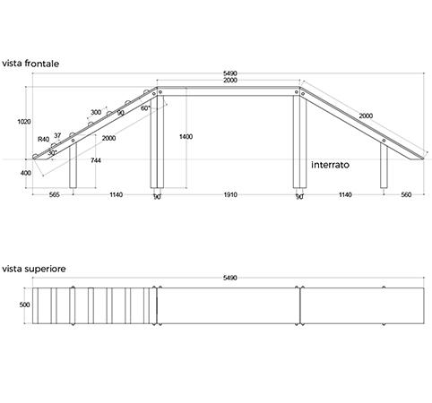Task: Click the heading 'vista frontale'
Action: pos(30,64)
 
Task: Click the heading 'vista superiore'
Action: pos(34,269)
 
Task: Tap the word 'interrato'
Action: pos(330,165)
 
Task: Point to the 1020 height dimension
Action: pos(24,122)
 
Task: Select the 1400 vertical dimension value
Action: pos(186,137)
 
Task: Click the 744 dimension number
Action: pos(96,160)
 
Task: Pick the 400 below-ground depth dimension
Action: pos(26,173)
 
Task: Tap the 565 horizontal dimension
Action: pos(54,195)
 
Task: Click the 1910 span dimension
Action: pos(230,195)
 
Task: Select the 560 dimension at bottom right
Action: pos(406,195)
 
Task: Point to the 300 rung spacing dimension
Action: pos(96,112)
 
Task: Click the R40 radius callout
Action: pos(43,140)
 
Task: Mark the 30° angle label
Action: pos(52,153)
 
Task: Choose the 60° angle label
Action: pos(145,108)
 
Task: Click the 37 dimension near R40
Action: pos(57,135)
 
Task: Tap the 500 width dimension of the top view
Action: pos(24,304)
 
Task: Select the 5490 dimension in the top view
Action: pos(230,278)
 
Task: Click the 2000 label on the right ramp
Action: pos(366,116)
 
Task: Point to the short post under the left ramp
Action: pos(73,165)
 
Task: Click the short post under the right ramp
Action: pos(384,166)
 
